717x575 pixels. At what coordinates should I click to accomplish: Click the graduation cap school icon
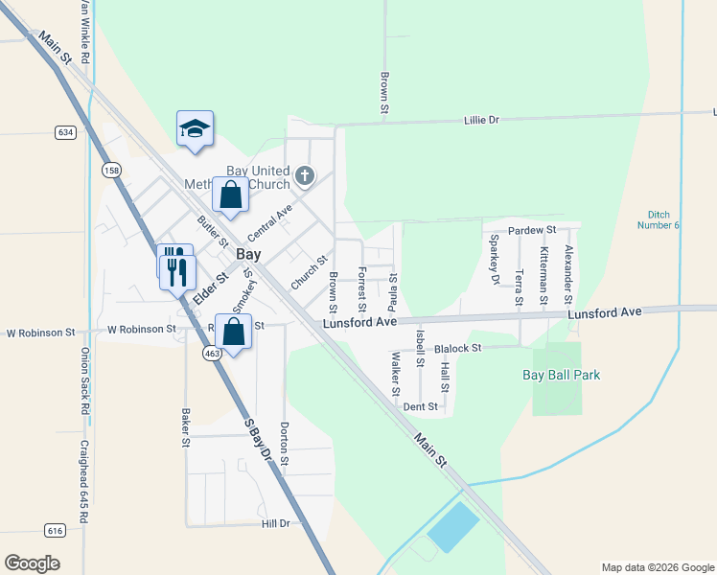[195, 128]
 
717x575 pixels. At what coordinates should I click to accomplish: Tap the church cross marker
[305, 175]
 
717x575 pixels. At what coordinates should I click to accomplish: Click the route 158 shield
[110, 169]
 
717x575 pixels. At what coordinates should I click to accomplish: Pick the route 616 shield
[54, 530]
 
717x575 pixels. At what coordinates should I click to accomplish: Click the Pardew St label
[532, 230]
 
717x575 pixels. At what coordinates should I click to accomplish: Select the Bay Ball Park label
[561, 375]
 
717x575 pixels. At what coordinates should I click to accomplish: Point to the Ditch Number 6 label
[658, 219]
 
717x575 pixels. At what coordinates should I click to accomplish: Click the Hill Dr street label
[275, 524]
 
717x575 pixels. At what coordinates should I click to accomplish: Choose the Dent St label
[420, 406]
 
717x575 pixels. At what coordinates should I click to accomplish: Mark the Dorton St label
[285, 448]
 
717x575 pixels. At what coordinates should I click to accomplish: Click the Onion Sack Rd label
[84, 380]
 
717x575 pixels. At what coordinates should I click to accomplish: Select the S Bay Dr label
[253, 436]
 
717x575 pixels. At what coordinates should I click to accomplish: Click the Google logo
[32, 563]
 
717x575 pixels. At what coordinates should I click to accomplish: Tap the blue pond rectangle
[452, 527]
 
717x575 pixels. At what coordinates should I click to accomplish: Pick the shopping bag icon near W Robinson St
[233, 332]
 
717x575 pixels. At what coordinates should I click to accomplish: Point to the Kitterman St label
[543, 274]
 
